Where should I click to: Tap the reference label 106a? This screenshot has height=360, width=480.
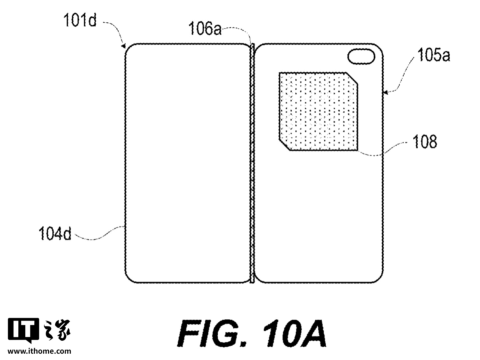point(205,29)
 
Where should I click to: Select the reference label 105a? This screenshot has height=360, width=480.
point(433,56)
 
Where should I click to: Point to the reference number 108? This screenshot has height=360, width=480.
point(424,142)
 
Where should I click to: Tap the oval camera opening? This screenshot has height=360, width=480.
point(362,56)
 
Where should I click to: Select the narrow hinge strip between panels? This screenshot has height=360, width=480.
point(252,163)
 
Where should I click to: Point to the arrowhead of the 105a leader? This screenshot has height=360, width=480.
point(385,93)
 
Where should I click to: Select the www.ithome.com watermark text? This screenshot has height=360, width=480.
point(39,351)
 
